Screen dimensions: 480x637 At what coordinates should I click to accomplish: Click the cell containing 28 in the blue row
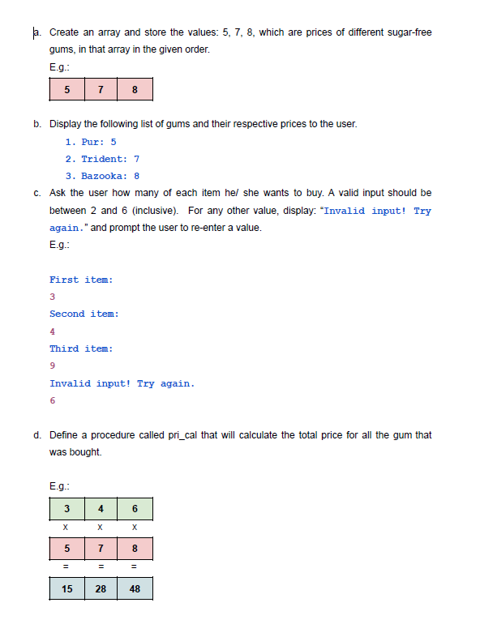click(101, 588)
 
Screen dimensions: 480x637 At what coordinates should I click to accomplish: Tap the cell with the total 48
click(135, 588)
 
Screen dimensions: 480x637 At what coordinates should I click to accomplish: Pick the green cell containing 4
click(101, 509)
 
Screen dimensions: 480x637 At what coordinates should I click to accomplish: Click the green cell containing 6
click(135, 509)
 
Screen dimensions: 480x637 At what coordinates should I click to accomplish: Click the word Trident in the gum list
click(104, 159)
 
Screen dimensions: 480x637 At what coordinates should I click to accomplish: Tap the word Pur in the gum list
click(91, 142)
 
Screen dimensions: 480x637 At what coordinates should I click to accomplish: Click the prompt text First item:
click(81, 280)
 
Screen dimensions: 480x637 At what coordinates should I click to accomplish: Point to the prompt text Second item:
click(84, 314)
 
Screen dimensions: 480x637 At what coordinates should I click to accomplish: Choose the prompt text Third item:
click(81, 348)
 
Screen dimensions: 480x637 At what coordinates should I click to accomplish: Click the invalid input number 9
click(53, 366)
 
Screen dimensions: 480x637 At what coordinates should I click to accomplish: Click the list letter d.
click(37, 435)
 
